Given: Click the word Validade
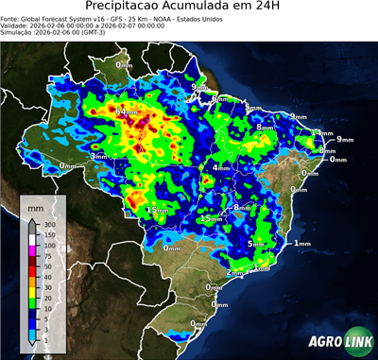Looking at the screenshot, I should (x=16, y=28).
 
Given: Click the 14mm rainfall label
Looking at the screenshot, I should (x=323, y=133).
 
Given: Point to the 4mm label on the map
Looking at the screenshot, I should (x=219, y=168).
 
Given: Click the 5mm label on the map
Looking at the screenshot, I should (x=255, y=244).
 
